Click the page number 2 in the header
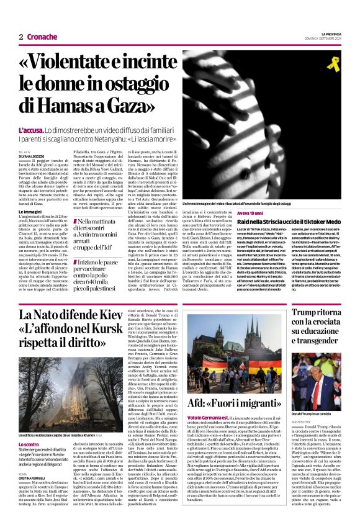(x=20, y=37)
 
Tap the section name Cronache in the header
(x=42, y=37)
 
